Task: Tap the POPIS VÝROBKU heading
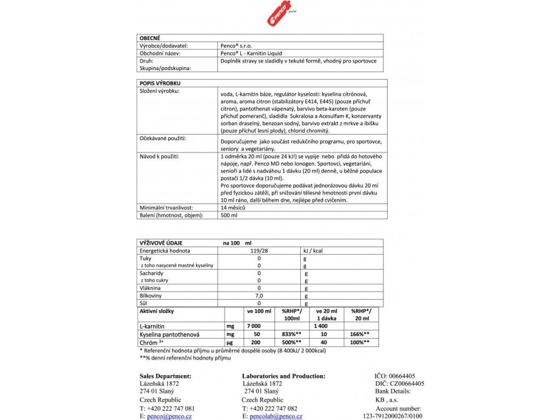[x=159, y=83]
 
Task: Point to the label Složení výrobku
[x=160, y=91]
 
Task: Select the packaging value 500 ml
[x=225, y=215]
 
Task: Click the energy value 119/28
[x=259, y=250]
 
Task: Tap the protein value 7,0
[x=259, y=295]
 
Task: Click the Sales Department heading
[x=165, y=376]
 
